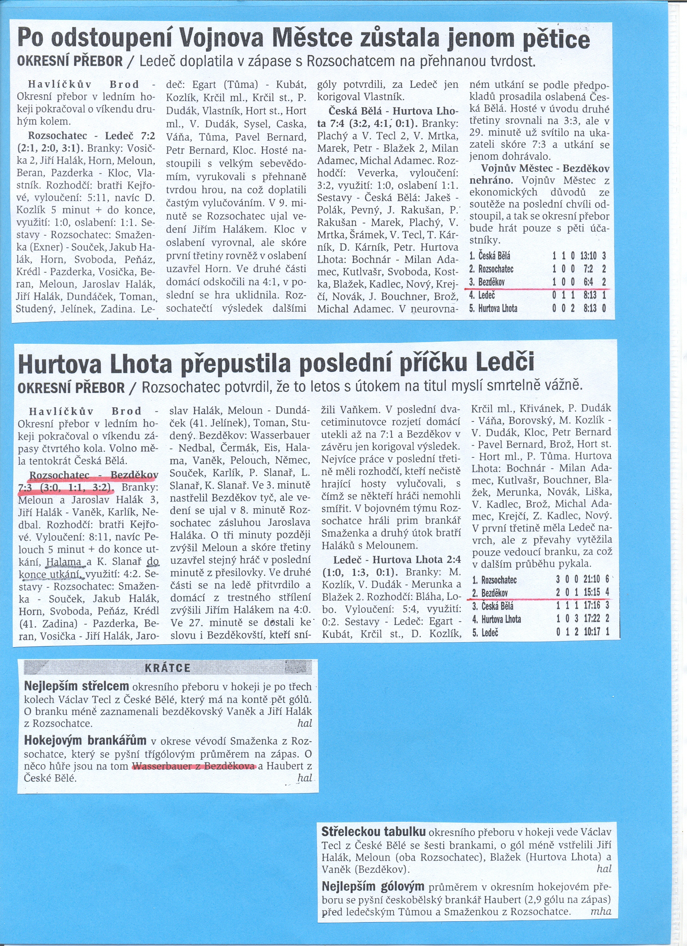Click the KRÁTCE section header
coord(167,668)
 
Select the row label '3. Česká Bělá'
coord(493,606)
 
